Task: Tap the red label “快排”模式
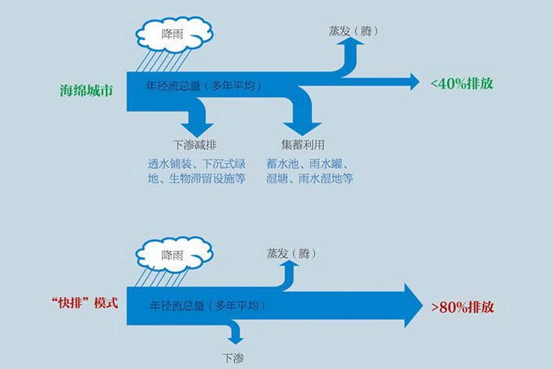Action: [82, 304]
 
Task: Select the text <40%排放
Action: [462, 84]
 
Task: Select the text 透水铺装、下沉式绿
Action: [192, 164]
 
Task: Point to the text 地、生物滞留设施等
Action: [192, 179]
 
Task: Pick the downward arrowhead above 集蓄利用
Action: [302, 126]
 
